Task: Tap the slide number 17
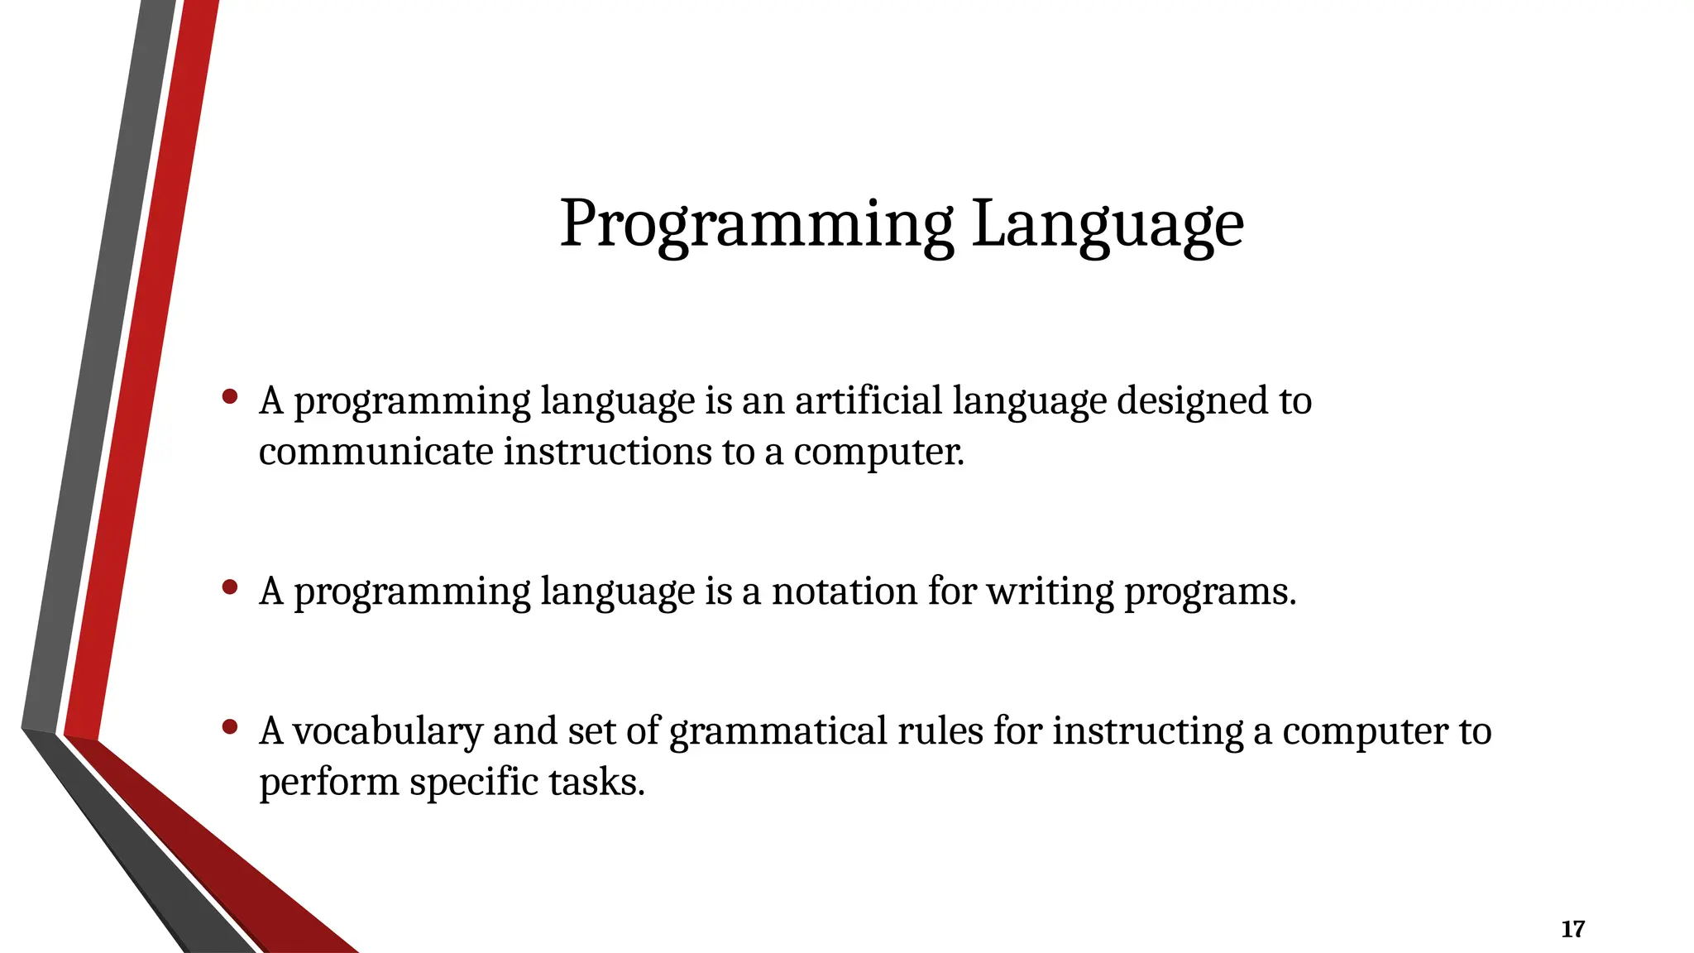[x=1572, y=929]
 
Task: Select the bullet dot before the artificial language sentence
[x=231, y=397]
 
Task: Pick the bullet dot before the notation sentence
[x=231, y=587]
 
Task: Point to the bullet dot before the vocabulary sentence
[x=231, y=727]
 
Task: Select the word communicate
[x=376, y=452]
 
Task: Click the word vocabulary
[x=387, y=731]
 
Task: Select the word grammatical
[x=778, y=731]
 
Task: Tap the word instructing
[x=1147, y=731]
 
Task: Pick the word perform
[x=328, y=783]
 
